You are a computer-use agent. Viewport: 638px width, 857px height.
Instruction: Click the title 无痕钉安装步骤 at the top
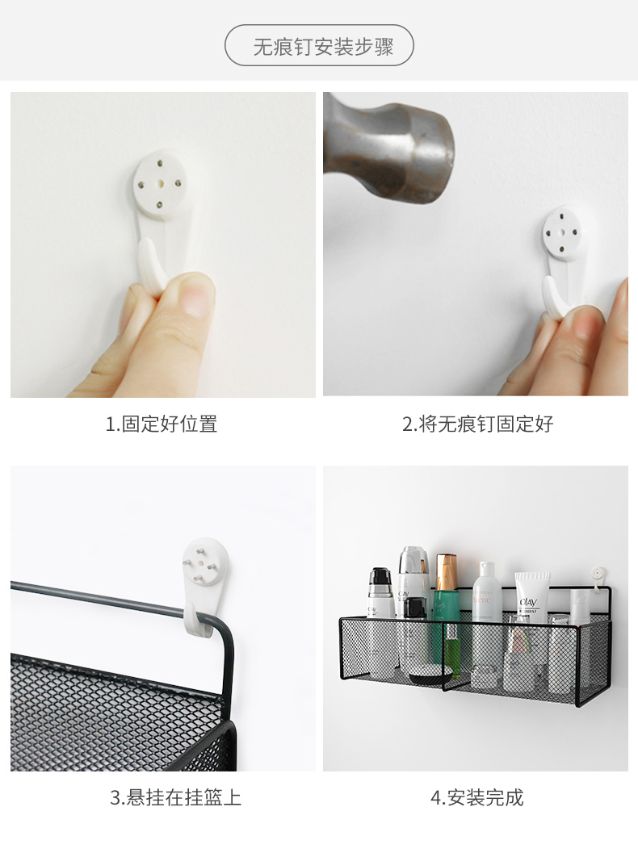click(323, 48)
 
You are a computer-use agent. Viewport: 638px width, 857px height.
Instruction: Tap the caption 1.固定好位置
click(162, 424)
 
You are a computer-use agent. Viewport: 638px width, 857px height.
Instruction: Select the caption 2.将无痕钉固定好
click(477, 424)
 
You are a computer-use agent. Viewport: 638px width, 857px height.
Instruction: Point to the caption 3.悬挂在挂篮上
click(175, 797)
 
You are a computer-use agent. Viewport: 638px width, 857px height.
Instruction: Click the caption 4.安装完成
click(477, 797)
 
